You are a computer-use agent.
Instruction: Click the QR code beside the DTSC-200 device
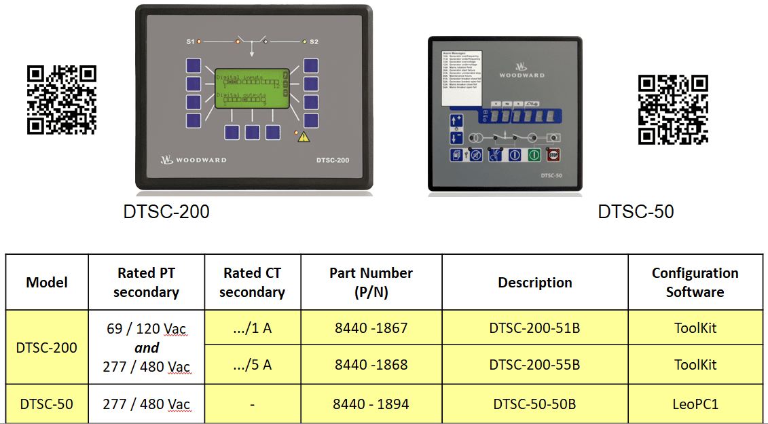pyautogui.click(x=62, y=100)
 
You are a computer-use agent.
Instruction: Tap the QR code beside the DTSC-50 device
pyautogui.click(x=674, y=109)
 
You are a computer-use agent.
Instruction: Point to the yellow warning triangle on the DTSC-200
pyautogui.click(x=304, y=137)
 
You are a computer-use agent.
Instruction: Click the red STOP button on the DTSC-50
pyautogui.click(x=553, y=155)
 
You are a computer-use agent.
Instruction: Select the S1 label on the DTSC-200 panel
pyautogui.click(x=190, y=42)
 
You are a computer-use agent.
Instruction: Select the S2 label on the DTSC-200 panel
pyautogui.click(x=314, y=42)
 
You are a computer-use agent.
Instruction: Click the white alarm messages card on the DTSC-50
pyautogui.click(x=465, y=79)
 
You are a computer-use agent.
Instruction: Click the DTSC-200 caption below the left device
pyautogui.click(x=166, y=212)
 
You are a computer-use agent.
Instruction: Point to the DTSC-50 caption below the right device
pyautogui.click(x=636, y=212)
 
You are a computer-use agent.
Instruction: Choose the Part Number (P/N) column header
pyautogui.click(x=371, y=282)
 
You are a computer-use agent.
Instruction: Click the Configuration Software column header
pyautogui.click(x=695, y=282)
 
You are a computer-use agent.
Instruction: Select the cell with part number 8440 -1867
pyautogui.click(x=371, y=328)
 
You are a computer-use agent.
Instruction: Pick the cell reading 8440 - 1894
pyautogui.click(x=371, y=404)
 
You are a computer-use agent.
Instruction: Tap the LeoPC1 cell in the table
pyautogui.click(x=695, y=404)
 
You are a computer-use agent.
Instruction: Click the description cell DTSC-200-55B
pyautogui.click(x=534, y=365)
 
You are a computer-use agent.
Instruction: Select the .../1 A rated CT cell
pyautogui.click(x=252, y=328)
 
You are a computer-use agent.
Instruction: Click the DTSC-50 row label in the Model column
pyautogui.click(x=46, y=404)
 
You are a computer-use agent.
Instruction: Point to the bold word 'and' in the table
pyautogui.click(x=146, y=348)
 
